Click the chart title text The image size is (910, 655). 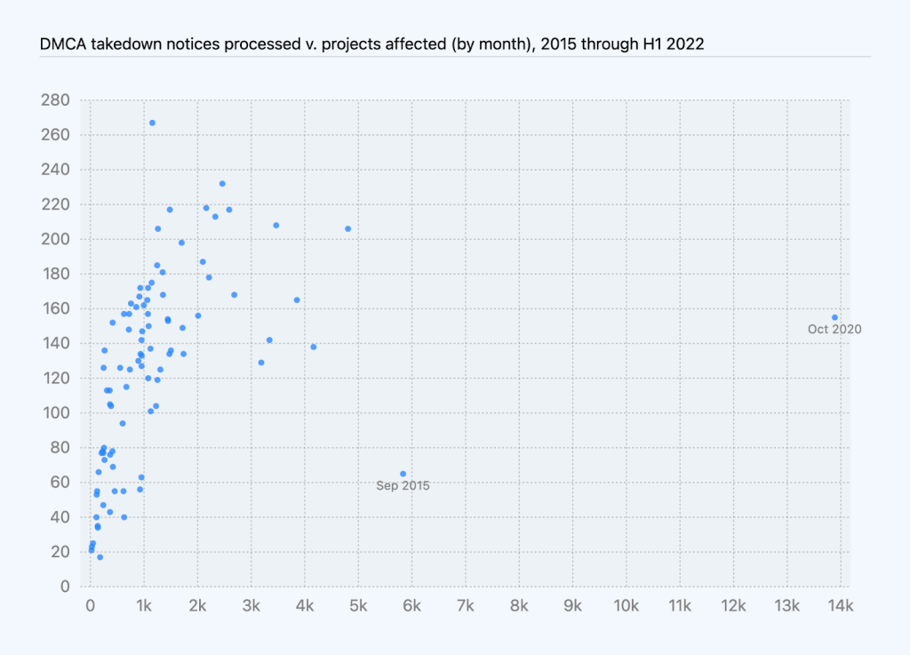(x=371, y=44)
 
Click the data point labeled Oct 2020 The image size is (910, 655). (x=834, y=317)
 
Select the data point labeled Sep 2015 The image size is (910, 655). (x=403, y=474)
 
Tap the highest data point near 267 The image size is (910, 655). (x=152, y=123)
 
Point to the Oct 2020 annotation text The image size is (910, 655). (x=834, y=330)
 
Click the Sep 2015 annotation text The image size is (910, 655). (x=403, y=485)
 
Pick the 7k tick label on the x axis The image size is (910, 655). (x=466, y=607)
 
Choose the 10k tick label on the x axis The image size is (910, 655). (x=627, y=607)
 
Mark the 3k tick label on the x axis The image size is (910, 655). (x=251, y=607)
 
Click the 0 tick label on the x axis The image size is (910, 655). (x=90, y=607)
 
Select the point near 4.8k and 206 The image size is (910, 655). (x=347, y=228)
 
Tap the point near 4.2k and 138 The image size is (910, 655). (x=313, y=347)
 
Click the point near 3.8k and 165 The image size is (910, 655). (x=297, y=300)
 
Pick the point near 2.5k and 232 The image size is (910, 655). (x=222, y=184)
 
